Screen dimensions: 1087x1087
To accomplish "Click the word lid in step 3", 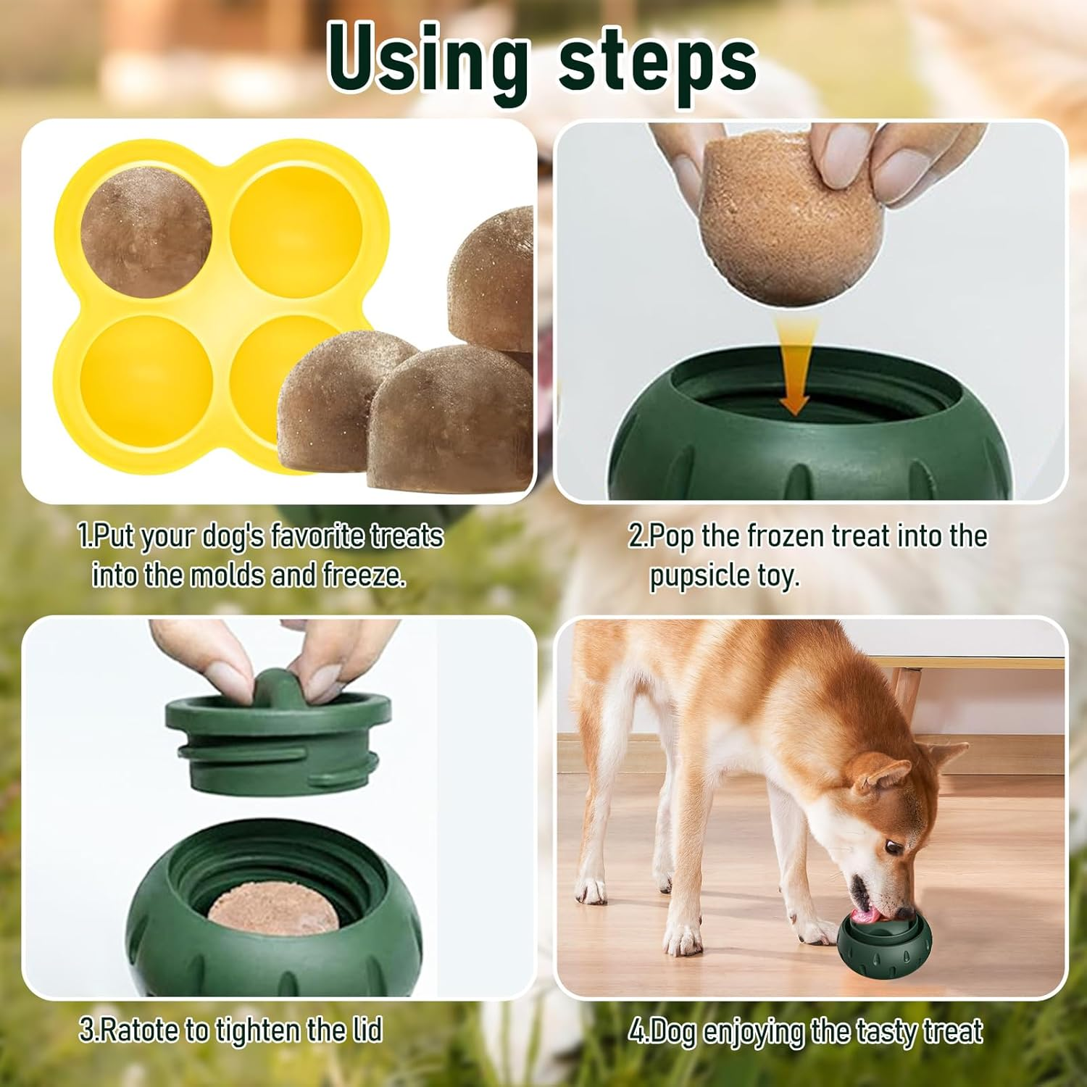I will pyautogui.click(x=367, y=1030).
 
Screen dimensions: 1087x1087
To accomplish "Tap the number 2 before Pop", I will pyautogui.click(x=636, y=537).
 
